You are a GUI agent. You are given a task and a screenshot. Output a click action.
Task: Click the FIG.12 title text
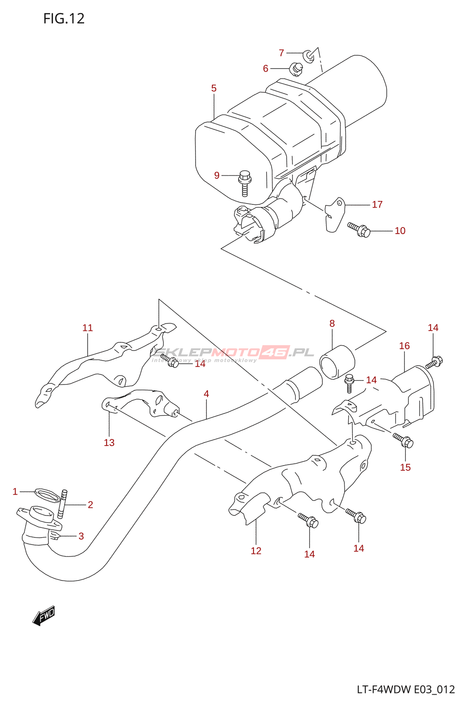64,19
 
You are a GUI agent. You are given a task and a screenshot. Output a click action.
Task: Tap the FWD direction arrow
44,615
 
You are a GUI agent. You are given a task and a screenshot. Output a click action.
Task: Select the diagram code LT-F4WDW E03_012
406,689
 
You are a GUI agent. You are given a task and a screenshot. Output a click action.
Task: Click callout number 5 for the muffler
214,88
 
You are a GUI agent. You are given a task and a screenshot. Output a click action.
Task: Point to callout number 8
332,323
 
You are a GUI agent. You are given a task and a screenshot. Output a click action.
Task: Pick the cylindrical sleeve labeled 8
337,362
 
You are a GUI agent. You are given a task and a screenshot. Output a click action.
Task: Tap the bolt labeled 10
359,229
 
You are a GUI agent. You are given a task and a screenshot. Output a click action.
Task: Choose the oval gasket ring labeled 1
46,495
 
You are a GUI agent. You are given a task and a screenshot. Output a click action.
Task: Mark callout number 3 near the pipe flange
81,536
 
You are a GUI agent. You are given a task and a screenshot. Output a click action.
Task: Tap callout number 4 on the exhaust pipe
206,394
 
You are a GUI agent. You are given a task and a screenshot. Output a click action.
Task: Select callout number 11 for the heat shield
88,328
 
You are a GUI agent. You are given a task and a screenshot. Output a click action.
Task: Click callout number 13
109,442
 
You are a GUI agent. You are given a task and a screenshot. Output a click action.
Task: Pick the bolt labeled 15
404,440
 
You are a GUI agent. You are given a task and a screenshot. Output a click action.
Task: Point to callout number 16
404,346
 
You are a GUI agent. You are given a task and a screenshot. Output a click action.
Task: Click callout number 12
256,551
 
